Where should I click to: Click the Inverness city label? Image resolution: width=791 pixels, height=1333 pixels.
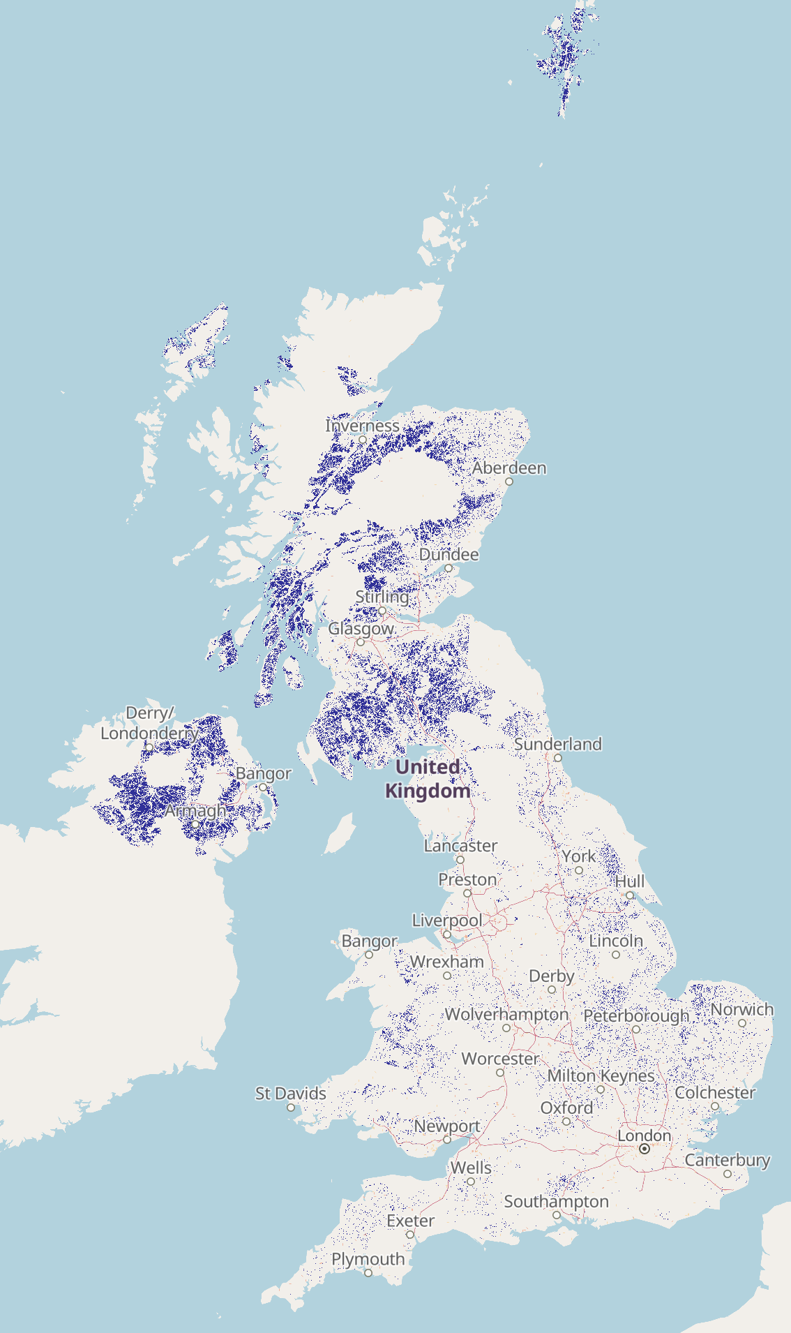(x=362, y=426)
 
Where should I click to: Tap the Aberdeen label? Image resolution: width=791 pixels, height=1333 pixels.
(x=509, y=468)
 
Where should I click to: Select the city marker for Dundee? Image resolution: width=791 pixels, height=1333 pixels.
(x=449, y=568)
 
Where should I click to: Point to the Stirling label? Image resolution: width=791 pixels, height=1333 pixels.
(x=382, y=597)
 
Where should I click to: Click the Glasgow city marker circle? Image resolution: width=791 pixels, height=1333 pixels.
(x=361, y=642)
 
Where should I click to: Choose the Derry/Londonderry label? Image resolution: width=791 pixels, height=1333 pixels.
(x=149, y=723)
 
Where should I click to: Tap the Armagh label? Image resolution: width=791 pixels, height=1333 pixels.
(x=195, y=811)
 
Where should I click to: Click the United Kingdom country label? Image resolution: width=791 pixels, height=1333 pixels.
(x=428, y=779)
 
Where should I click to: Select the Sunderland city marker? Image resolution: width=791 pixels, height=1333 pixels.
(x=558, y=758)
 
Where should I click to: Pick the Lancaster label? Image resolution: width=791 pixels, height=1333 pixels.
(x=460, y=846)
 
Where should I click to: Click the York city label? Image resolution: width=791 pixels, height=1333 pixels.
(x=579, y=856)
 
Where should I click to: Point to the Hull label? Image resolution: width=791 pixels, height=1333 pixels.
(x=629, y=881)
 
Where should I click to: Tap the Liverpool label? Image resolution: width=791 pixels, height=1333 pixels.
(x=447, y=921)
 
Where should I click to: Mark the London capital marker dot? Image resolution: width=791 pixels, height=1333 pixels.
(x=645, y=1149)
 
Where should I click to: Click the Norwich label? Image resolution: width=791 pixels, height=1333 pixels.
(x=742, y=1009)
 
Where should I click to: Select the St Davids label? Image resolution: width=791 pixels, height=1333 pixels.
(x=291, y=1093)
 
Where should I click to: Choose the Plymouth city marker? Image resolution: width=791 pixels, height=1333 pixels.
(x=368, y=1273)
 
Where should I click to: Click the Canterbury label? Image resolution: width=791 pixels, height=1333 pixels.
(x=728, y=1160)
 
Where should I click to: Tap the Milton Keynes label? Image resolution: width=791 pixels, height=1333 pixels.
(x=601, y=1075)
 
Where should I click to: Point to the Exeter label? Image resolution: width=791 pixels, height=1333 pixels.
(x=410, y=1221)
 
